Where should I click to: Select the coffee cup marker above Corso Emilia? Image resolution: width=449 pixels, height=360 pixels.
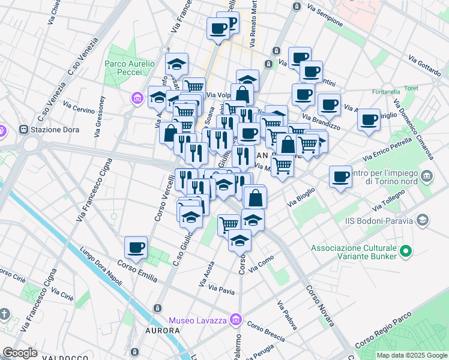tap(135, 247)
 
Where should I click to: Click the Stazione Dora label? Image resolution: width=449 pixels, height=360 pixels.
tap(53, 130)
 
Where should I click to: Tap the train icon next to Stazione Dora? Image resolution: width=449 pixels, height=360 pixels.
tap(25, 129)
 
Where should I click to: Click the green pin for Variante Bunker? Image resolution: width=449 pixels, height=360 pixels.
tap(405, 251)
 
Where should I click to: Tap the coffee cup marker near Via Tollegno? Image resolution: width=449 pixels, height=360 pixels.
tap(340, 176)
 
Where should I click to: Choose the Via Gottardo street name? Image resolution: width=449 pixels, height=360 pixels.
tap(424, 65)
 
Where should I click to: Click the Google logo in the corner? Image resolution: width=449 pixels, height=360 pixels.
tap(20, 353)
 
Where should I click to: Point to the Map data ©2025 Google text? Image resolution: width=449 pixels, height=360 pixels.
tap(411, 355)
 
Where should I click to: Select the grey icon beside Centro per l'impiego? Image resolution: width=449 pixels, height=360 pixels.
tap(427, 176)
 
